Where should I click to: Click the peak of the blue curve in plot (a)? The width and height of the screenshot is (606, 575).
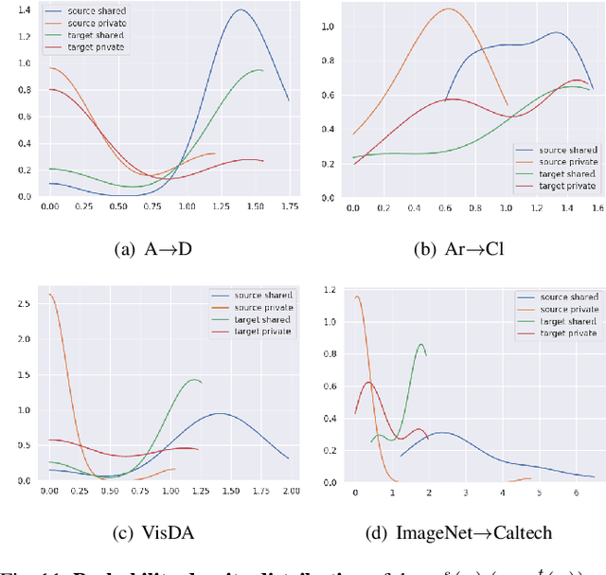click(x=241, y=10)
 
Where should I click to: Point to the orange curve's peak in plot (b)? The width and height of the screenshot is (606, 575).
click(x=447, y=9)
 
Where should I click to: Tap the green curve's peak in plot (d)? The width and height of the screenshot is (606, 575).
click(x=420, y=344)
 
